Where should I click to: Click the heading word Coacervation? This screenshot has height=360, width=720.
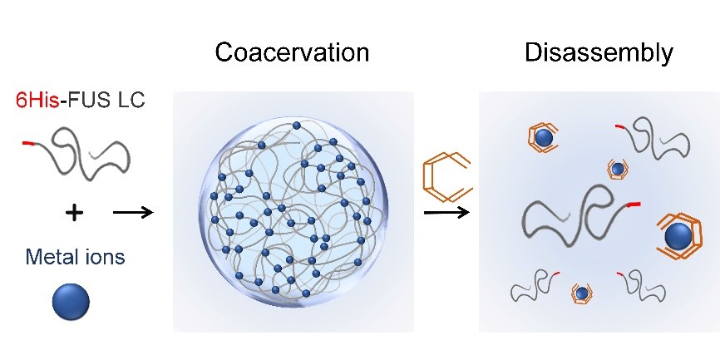click(x=292, y=53)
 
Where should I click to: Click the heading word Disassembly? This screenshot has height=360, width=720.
click(x=598, y=53)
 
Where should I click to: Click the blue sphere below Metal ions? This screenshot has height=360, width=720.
click(x=70, y=302)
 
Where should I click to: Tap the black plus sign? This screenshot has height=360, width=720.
click(x=74, y=214)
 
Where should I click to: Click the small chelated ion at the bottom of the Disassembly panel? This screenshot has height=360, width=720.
click(x=582, y=293)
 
